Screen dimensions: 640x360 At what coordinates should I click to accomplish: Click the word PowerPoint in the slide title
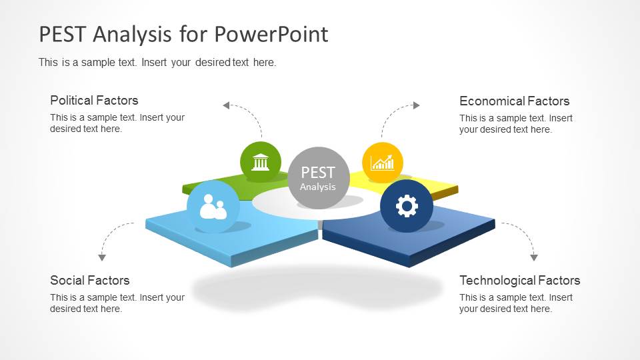tap(271, 34)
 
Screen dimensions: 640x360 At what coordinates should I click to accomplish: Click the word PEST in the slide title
tap(62, 34)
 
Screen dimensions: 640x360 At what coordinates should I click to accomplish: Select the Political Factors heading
tap(94, 101)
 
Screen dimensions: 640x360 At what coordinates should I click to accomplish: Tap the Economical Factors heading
tap(514, 101)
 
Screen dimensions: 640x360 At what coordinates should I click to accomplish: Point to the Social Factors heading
tap(90, 281)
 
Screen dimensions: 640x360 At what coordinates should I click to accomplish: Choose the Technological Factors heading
tap(519, 281)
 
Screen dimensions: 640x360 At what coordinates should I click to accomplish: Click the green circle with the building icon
tap(261, 162)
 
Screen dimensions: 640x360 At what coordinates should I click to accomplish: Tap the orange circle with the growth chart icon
tap(383, 163)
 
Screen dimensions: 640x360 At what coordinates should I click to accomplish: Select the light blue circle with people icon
tap(213, 207)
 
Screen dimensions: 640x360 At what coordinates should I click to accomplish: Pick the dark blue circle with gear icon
tap(407, 206)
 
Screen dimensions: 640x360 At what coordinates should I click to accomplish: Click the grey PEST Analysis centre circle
tap(319, 178)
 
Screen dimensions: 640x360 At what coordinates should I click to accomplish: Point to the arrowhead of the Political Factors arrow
tap(226, 105)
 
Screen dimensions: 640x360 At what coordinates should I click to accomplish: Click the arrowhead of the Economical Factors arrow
tap(416, 105)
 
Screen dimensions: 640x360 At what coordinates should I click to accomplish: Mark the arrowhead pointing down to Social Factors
tap(102, 257)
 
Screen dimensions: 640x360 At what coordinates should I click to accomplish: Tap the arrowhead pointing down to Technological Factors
tap(534, 257)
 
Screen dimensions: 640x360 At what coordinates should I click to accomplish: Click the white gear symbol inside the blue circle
tap(407, 206)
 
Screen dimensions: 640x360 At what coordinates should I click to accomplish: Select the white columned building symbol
tap(261, 161)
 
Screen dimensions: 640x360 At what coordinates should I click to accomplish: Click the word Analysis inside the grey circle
tap(318, 187)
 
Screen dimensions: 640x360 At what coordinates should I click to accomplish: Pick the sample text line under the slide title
tap(157, 63)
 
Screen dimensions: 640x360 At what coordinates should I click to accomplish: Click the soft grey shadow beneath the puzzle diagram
tap(317, 289)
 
